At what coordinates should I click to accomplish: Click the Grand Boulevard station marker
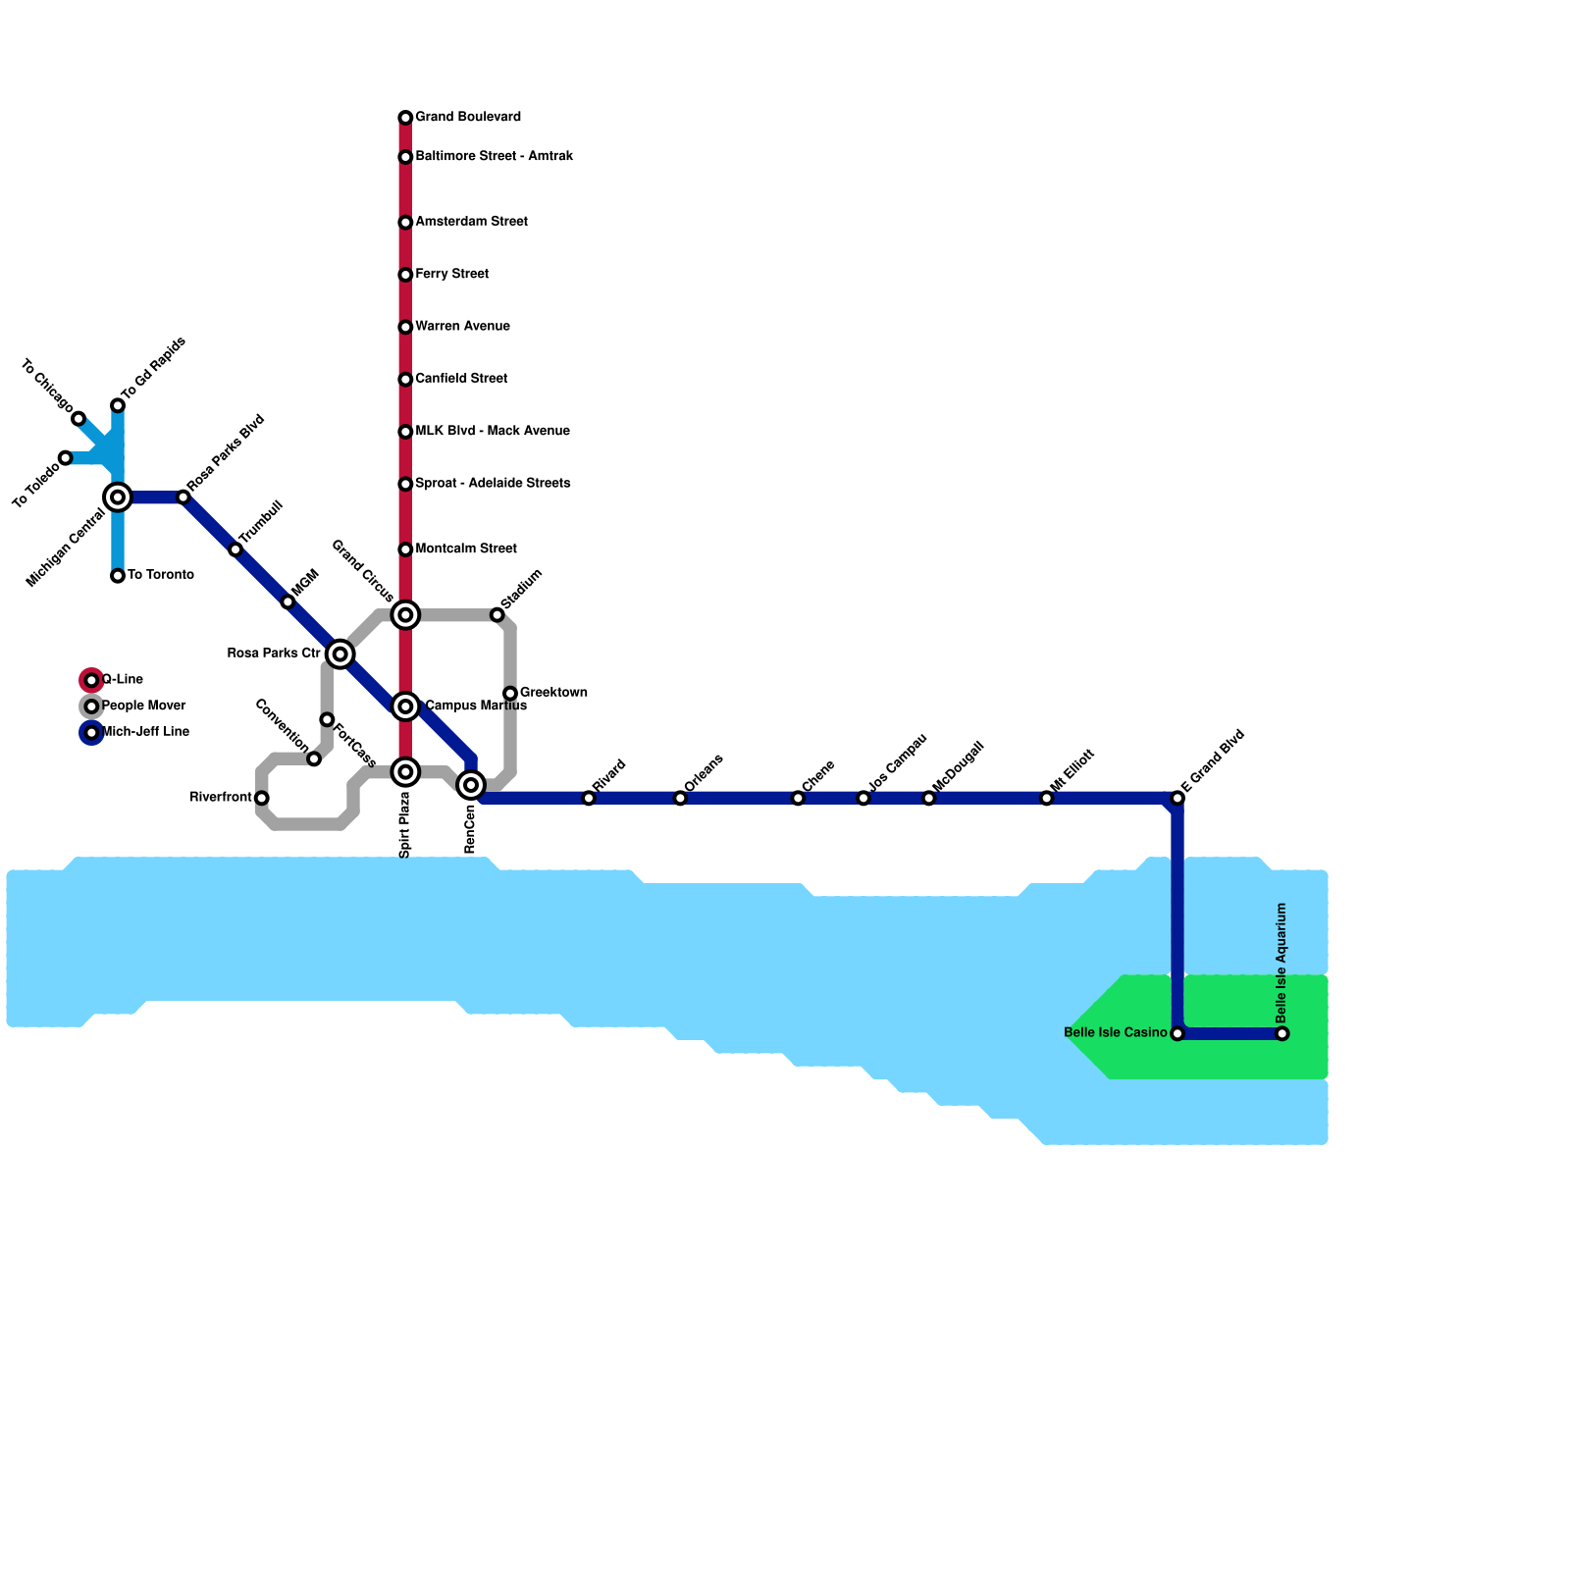click(405, 118)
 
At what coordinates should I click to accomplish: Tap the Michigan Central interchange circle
click(118, 497)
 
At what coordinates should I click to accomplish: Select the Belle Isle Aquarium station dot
click(1282, 1033)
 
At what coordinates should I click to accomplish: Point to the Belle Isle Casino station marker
click(1177, 1033)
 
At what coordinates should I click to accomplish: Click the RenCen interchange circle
click(471, 785)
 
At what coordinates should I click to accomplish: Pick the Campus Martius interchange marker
click(405, 706)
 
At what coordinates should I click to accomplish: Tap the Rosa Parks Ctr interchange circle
click(340, 654)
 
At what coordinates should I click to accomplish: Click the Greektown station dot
click(510, 694)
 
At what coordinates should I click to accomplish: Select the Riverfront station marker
click(261, 798)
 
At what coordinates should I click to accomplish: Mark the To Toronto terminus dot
click(118, 576)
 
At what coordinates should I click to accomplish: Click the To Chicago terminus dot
click(78, 419)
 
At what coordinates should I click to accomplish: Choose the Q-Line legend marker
click(91, 680)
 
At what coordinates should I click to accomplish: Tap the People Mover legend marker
click(91, 706)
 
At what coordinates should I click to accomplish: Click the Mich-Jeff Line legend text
click(145, 732)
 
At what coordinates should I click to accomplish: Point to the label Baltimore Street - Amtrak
click(494, 157)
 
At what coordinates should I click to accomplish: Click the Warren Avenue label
click(462, 327)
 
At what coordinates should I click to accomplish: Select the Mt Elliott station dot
click(1047, 798)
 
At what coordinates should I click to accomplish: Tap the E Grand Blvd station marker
click(1177, 798)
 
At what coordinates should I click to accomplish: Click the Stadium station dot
click(497, 615)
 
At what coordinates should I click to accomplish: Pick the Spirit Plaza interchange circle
click(405, 772)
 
